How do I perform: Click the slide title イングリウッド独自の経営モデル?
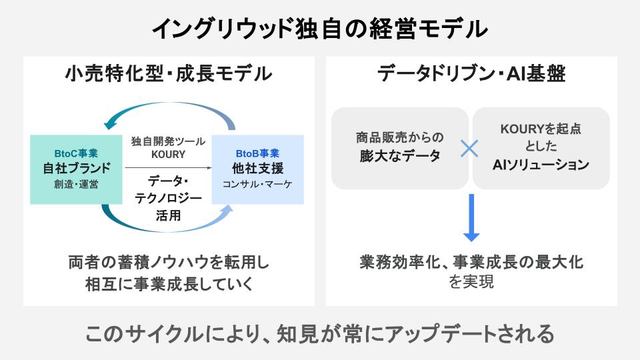(320, 29)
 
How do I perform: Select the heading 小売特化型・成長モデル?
(169, 73)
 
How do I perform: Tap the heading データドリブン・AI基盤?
(471, 73)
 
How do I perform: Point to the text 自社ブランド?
(76, 167)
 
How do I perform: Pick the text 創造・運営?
(76, 183)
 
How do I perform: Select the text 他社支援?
(257, 167)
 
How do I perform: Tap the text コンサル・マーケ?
(257, 183)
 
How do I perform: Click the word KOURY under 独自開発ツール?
(168, 155)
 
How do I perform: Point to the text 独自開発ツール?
(168, 141)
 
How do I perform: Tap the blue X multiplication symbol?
(470, 148)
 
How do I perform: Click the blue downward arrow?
(471, 218)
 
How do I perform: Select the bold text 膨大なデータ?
(399, 157)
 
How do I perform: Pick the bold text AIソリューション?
(541, 164)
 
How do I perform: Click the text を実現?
(471, 282)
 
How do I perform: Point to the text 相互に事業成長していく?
(169, 284)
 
